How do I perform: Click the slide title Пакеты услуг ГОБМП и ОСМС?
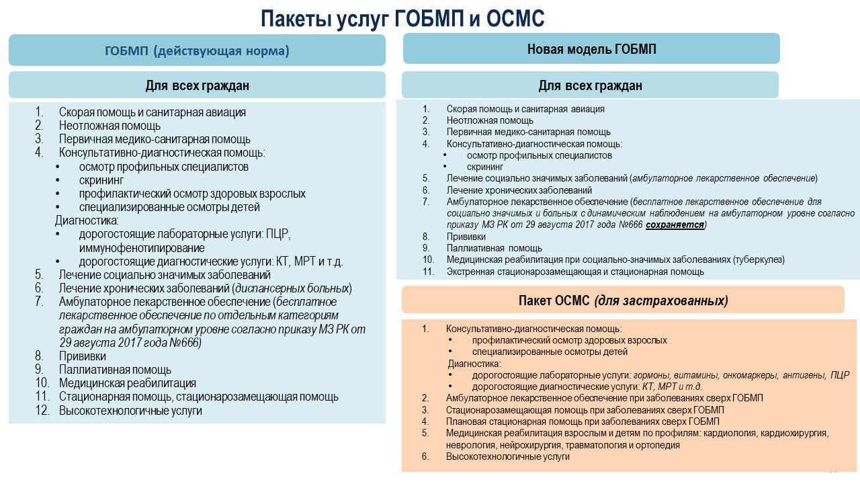pyautogui.click(x=402, y=19)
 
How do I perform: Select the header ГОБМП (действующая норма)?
pyautogui.click(x=197, y=51)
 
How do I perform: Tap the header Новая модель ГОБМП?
pyautogui.click(x=591, y=49)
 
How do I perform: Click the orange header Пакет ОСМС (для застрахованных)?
pyautogui.click(x=623, y=300)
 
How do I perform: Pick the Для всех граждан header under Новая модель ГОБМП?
pyautogui.click(x=590, y=85)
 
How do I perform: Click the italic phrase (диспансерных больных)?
pyautogui.click(x=292, y=288)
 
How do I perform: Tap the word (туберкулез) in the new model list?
pyautogui.click(x=759, y=259)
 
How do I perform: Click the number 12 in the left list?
pyautogui.click(x=42, y=411)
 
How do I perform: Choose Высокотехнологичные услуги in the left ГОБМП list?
pyautogui.click(x=130, y=411)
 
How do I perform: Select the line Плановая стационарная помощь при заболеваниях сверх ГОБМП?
pyautogui.click(x=583, y=421)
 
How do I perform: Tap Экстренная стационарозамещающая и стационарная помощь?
pyautogui.click(x=575, y=272)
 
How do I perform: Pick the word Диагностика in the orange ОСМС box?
pyautogui.click(x=474, y=364)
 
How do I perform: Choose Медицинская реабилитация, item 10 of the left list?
pyautogui.click(x=128, y=383)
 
